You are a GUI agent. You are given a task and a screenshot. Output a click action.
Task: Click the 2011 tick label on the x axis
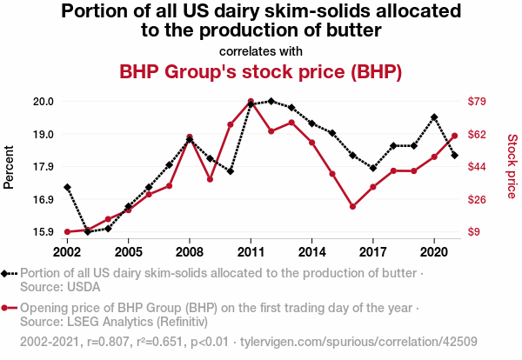251,251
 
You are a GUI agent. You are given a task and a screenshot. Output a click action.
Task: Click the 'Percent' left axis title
10,166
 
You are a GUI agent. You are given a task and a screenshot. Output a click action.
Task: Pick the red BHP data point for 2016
352,207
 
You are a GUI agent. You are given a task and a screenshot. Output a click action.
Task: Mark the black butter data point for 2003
87,232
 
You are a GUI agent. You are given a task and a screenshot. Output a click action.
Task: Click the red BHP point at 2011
251,102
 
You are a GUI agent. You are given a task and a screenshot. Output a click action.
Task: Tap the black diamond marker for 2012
271,101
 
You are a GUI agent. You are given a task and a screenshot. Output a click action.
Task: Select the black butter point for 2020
434,117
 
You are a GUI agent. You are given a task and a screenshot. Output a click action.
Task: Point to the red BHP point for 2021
455,136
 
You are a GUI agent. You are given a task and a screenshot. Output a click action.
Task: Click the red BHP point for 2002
67,232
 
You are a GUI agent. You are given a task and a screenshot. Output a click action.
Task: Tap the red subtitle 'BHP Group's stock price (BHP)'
260,71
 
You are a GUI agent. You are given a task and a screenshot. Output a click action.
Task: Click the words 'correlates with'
260,50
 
